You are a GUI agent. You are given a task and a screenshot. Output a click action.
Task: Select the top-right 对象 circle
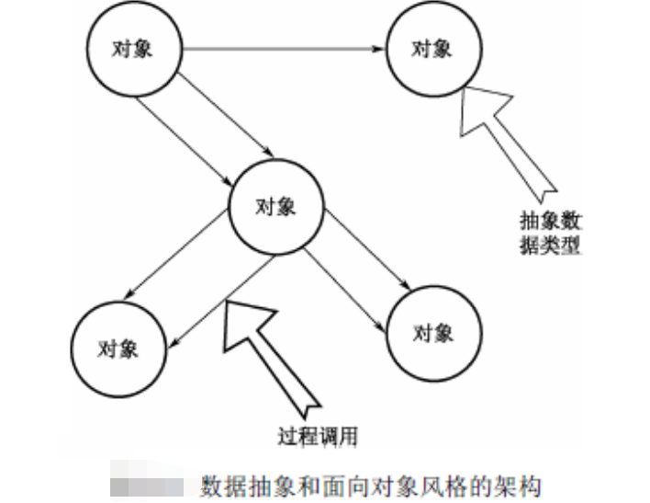431,50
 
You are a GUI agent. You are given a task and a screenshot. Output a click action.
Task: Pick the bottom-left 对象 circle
118,348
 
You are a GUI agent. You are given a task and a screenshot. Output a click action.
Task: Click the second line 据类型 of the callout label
549,246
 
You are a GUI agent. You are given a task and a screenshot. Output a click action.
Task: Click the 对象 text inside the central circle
275,206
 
